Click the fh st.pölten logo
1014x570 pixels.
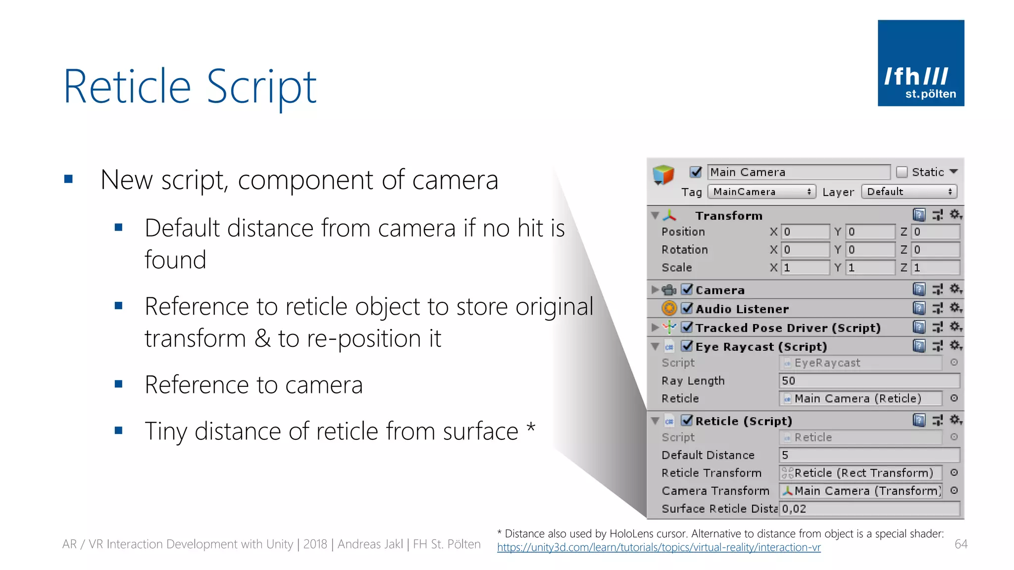click(x=920, y=63)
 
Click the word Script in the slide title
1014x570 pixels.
click(x=261, y=88)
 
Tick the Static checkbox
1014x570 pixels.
click(x=902, y=172)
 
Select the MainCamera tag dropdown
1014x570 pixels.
click(x=761, y=191)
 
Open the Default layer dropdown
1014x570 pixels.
click(x=909, y=191)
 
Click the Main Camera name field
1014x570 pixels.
click(x=798, y=172)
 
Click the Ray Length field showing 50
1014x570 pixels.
click(x=868, y=380)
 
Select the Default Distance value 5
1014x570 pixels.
click(x=868, y=455)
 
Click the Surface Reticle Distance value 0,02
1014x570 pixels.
click(x=868, y=509)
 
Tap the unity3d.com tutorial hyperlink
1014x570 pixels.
click(x=659, y=548)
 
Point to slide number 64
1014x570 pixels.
click(x=961, y=544)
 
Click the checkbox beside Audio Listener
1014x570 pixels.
click(x=687, y=308)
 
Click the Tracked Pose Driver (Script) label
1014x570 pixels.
click(x=788, y=328)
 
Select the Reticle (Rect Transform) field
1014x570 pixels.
click(x=861, y=473)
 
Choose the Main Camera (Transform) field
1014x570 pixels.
click(x=861, y=490)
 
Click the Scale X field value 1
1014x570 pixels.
click(x=805, y=268)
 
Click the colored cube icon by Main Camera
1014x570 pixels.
click(x=663, y=175)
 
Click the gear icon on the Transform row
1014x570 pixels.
click(x=955, y=215)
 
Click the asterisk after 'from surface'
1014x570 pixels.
click(x=531, y=426)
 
